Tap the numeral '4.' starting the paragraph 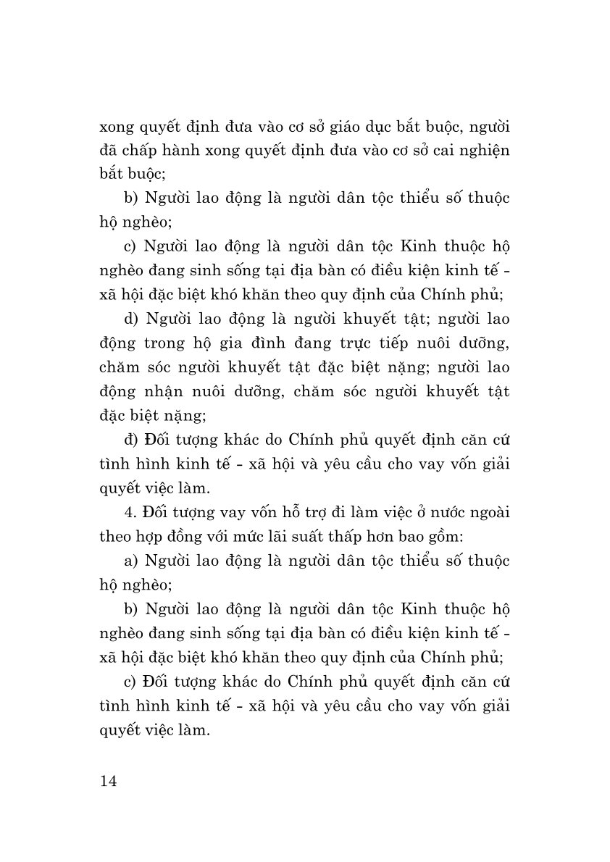tap(130, 514)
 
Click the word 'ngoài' tap(487, 514)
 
